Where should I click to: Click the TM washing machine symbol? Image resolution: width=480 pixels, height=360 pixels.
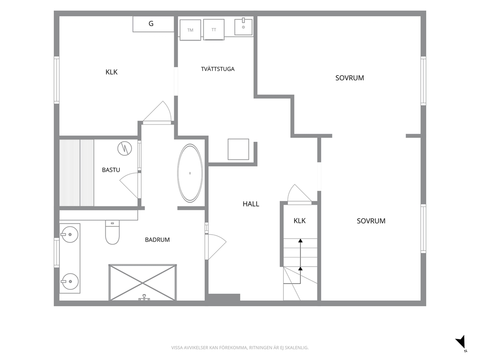(191, 30)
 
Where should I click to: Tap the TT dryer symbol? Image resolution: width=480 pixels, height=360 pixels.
(214, 30)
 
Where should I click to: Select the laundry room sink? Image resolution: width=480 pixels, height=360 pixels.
(244, 27)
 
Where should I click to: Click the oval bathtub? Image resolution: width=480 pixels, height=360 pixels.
(190, 173)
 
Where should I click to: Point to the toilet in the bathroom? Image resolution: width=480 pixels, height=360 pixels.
(112, 232)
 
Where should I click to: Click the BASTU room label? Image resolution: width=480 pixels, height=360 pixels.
(111, 170)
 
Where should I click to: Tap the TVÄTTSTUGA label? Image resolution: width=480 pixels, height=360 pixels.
(218, 69)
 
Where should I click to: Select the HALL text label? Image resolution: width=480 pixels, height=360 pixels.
(251, 204)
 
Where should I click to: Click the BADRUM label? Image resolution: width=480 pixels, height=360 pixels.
(157, 240)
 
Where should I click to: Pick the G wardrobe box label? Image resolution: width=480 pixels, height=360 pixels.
(151, 24)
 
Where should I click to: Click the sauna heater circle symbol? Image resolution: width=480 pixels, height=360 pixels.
(124, 149)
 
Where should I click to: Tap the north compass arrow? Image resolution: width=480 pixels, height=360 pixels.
(461, 342)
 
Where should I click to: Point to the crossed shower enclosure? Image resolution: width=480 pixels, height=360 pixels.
(143, 283)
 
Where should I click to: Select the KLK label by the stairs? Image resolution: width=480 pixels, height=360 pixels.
(300, 221)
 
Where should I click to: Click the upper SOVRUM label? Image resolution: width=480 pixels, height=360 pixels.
(349, 78)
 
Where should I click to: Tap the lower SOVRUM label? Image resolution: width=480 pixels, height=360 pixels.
(371, 221)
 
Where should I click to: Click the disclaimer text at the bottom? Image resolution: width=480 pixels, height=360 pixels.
(240, 347)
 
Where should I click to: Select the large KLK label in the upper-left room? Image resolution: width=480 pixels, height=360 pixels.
(111, 72)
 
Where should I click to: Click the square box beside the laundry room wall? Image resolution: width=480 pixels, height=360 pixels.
(238, 149)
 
